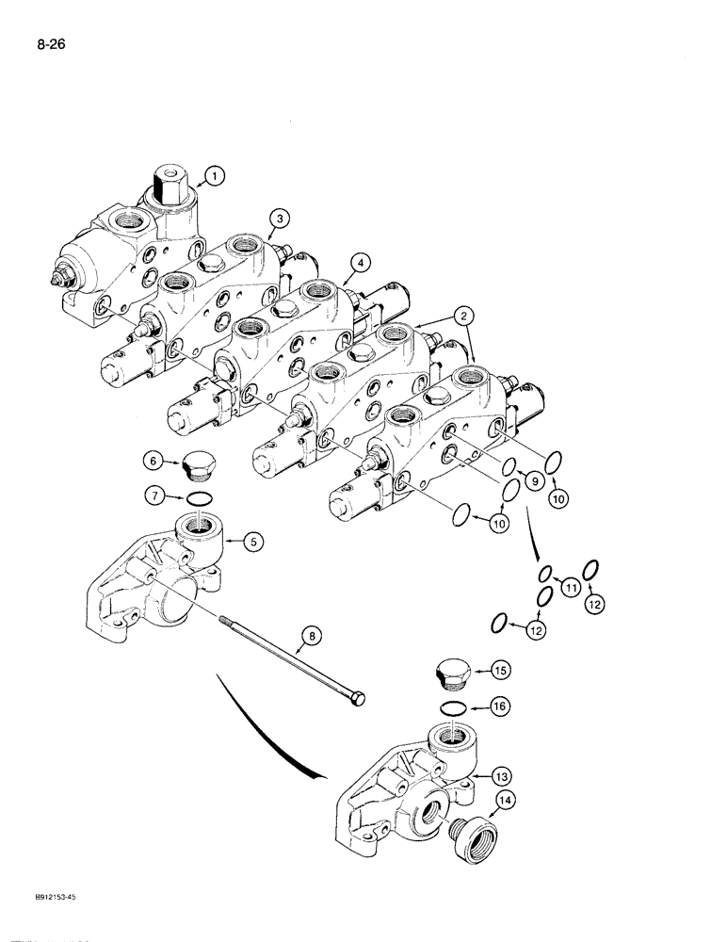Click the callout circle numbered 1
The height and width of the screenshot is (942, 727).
click(215, 174)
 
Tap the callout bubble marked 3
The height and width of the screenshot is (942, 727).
click(277, 219)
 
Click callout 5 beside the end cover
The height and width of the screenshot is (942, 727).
click(254, 541)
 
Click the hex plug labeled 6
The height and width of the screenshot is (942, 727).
click(201, 466)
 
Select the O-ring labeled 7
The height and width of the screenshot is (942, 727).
click(198, 498)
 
